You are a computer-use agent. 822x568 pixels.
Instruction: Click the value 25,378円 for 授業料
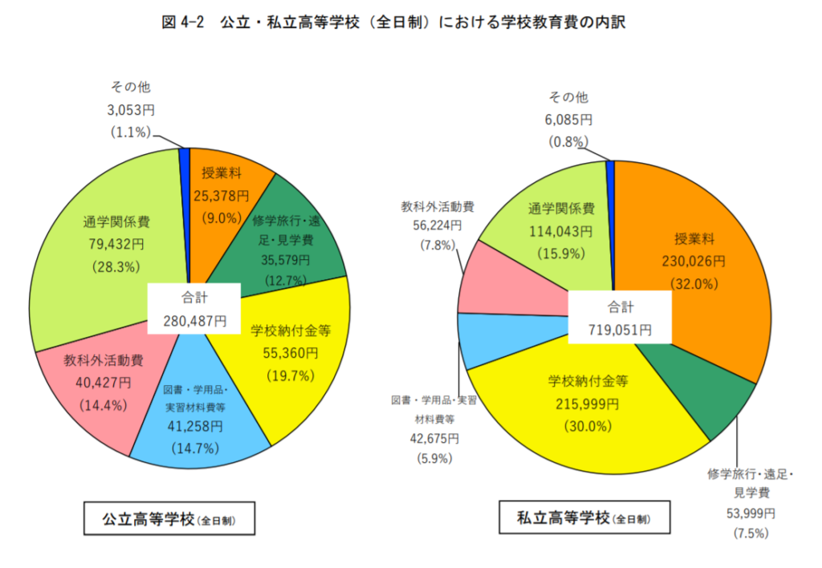click(x=222, y=195)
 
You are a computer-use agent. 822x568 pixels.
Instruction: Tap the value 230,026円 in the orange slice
click(x=694, y=262)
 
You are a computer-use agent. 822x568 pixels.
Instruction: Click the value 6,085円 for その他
click(x=568, y=120)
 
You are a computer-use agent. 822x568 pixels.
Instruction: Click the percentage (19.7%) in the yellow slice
click(x=285, y=375)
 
